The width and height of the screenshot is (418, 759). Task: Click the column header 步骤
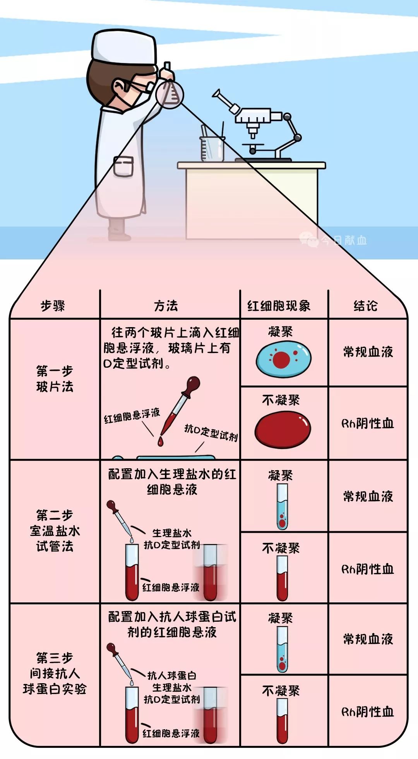53,306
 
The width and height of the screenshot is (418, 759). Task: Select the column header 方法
166,306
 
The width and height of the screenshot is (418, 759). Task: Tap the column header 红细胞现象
279,306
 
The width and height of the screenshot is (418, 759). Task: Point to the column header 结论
365,306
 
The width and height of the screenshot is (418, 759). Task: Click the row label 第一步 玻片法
55,379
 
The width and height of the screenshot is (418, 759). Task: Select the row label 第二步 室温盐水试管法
55,530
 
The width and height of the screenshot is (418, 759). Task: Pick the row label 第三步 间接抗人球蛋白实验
55,674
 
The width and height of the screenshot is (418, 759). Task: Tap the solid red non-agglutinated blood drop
283,429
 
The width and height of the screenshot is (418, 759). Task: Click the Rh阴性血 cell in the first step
368,423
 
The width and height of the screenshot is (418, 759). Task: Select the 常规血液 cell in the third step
368,639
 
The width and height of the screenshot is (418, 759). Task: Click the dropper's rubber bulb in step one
192,385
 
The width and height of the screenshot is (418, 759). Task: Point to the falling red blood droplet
160,441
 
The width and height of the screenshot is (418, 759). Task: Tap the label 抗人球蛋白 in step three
172,675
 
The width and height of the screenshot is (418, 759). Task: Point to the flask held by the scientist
170,93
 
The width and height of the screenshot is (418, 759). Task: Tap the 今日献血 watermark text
344,240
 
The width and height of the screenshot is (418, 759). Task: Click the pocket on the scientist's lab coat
124,166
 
